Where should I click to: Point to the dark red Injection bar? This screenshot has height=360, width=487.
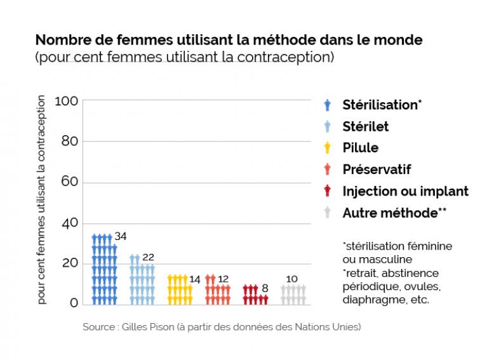(255, 295)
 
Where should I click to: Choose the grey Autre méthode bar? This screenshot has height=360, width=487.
(293, 294)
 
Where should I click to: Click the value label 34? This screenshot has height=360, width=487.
(121, 236)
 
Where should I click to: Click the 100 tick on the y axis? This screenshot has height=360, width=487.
(66, 101)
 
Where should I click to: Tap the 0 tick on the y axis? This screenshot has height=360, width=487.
(74, 303)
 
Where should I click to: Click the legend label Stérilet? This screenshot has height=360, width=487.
(365, 126)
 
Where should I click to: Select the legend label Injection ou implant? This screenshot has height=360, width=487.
(405, 190)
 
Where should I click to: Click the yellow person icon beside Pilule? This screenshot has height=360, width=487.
(327, 148)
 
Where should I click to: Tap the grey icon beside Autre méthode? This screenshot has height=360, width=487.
(327, 213)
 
